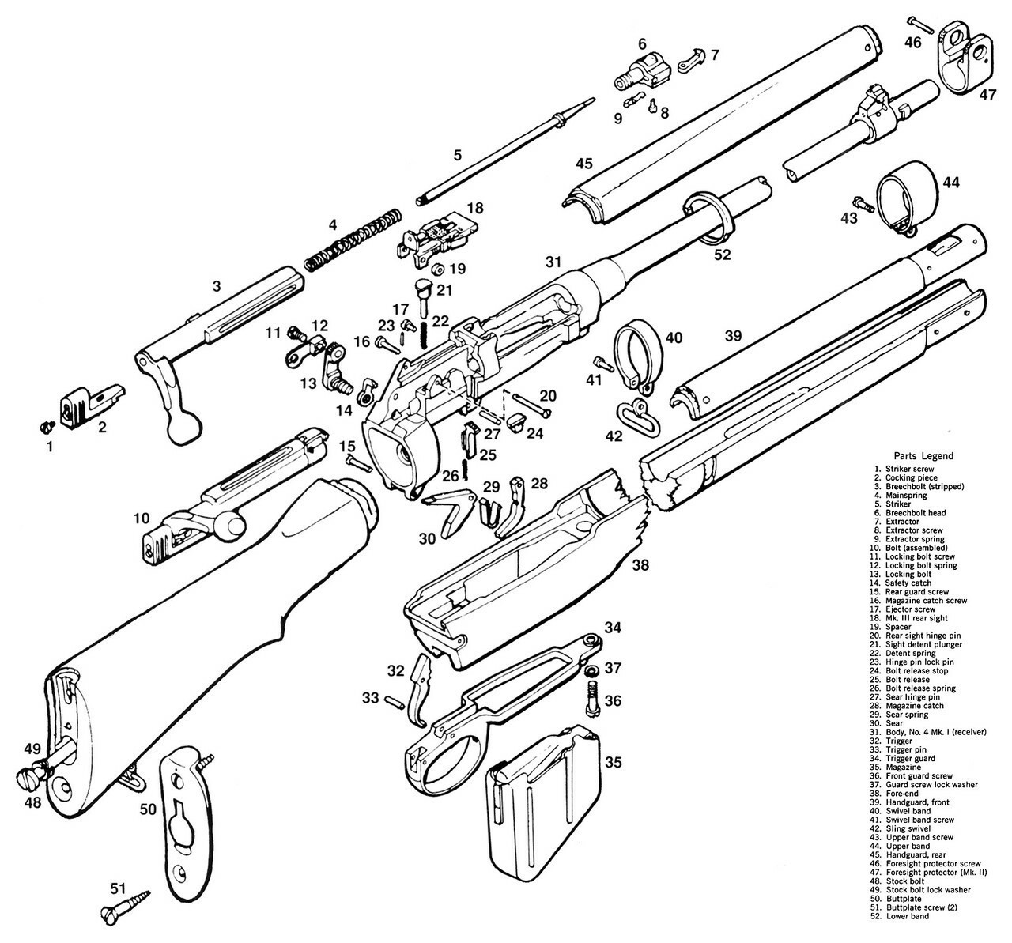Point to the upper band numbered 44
(x=905, y=200)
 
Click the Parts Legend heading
(x=923, y=455)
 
